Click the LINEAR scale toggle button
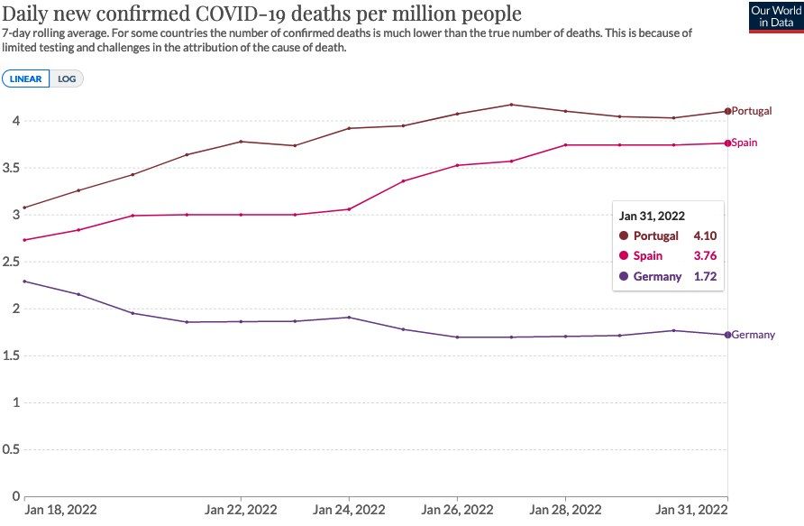26,78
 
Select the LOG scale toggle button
67,78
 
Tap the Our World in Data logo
776,17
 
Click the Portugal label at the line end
752,111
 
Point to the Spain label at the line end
745,143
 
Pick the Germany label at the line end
753,335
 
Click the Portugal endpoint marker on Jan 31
727,111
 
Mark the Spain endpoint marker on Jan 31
727,143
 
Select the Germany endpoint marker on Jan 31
727,335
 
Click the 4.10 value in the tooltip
705,236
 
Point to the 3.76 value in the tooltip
705,256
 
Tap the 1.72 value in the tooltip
705,276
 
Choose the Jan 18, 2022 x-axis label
60,509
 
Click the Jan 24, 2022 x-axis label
349,509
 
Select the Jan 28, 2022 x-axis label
565,509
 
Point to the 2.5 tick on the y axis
12,262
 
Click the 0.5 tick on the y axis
12,449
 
